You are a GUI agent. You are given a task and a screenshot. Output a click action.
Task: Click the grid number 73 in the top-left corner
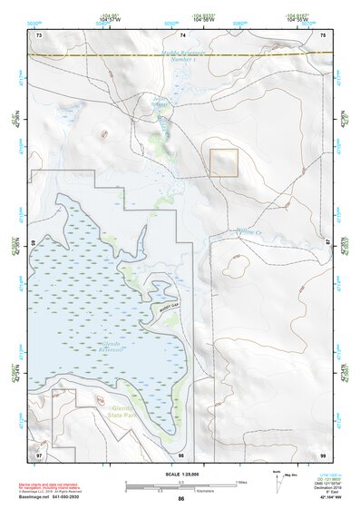point(39,34)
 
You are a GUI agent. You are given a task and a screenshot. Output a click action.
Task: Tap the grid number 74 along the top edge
point(182,34)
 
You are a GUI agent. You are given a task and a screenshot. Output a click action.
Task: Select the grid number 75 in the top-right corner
point(324,34)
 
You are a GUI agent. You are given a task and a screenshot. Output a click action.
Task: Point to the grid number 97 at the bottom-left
point(39,454)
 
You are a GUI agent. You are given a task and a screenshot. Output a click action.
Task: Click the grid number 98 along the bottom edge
point(182,454)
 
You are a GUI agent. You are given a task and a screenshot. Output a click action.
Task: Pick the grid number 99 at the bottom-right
point(324,454)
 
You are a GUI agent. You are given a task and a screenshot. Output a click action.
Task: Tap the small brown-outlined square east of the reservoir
point(224,162)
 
